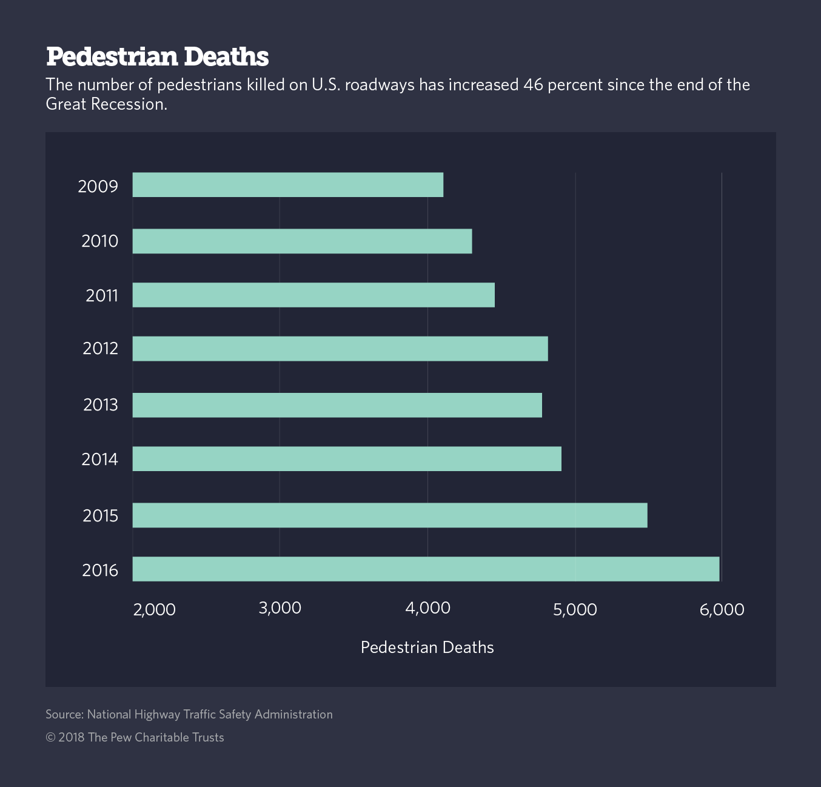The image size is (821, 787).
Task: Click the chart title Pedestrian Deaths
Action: pyautogui.click(x=157, y=56)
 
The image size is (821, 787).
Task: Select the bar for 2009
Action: pyautogui.click(x=288, y=185)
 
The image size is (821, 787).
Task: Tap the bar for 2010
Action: pyautogui.click(x=302, y=241)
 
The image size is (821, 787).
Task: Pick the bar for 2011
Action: pyautogui.click(x=313, y=295)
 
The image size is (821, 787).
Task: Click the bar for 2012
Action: pyautogui.click(x=340, y=349)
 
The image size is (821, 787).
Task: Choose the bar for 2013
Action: pyautogui.click(x=337, y=405)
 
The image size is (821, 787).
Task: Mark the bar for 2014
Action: pyautogui.click(x=347, y=459)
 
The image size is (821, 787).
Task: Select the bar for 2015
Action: pyautogui.click(x=390, y=515)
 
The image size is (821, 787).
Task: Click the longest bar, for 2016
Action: pyautogui.click(x=426, y=569)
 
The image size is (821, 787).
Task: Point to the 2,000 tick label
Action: pyautogui.click(x=154, y=609)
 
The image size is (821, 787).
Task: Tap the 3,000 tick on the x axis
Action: pyautogui.click(x=280, y=608)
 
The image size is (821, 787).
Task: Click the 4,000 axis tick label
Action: pyautogui.click(x=427, y=608)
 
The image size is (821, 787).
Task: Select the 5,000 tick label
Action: pyautogui.click(x=575, y=609)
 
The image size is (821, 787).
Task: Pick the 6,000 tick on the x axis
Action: pyautogui.click(x=722, y=609)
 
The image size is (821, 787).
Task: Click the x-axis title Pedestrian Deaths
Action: pyautogui.click(x=427, y=648)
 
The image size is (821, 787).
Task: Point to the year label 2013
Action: pyautogui.click(x=101, y=404)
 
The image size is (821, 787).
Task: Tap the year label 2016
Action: pyautogui.click(x=100, y=570)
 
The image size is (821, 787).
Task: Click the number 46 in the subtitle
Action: pyautogui.click(x=533, y=84)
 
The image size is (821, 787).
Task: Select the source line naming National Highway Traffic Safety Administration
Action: pyautogui.click(x=189, y=714)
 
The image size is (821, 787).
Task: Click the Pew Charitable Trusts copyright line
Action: pyautogui.click(x=135, y=737)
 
